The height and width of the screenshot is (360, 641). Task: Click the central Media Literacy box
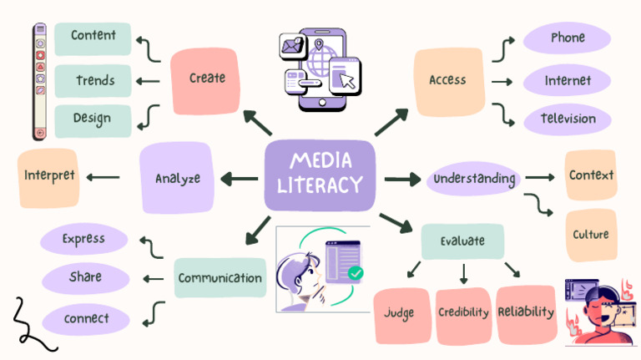[x=320, y=175]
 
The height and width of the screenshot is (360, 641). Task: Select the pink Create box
[x=205, y=81]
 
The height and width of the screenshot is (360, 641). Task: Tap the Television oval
[x=568, y=119]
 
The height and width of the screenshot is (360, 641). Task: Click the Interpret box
[x=48, y=178]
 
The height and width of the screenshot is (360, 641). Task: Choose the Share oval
[x=85, y=278]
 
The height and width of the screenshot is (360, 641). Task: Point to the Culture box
[x=591, y=235]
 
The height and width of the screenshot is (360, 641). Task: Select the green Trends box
[x=93, y=80]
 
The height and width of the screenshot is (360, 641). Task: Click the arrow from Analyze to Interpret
[x=103, y=178]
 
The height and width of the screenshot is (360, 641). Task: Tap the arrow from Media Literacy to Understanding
[x=402, y=179]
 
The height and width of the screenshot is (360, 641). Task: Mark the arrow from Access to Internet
[x=502, y=82]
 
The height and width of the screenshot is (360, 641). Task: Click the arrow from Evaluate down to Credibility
[x=463, y=274]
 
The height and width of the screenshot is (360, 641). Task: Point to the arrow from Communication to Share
[x=154, y=279]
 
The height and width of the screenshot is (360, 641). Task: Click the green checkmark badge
[x=356, y=273]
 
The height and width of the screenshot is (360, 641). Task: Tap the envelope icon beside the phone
[x=292, y=46]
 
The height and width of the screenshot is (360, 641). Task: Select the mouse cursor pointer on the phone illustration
[x=347, y=80]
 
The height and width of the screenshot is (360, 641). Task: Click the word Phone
[x=568, y=38]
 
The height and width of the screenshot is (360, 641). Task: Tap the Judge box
[x=401, y=316]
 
